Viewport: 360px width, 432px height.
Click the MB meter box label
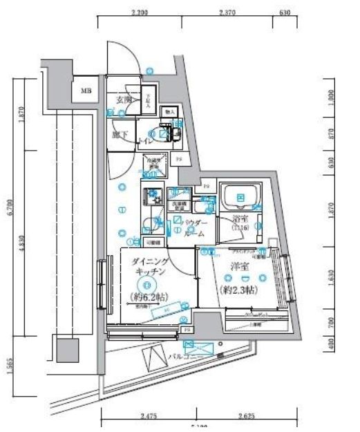pos(86,91)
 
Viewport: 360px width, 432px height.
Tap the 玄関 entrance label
pos(123,100)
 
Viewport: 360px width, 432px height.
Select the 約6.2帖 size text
pos(146,298)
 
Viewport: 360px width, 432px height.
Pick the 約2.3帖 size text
pos(238,290)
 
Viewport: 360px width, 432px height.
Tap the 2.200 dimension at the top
pos(139,12)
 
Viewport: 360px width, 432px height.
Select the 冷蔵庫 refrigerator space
pos(152,166)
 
